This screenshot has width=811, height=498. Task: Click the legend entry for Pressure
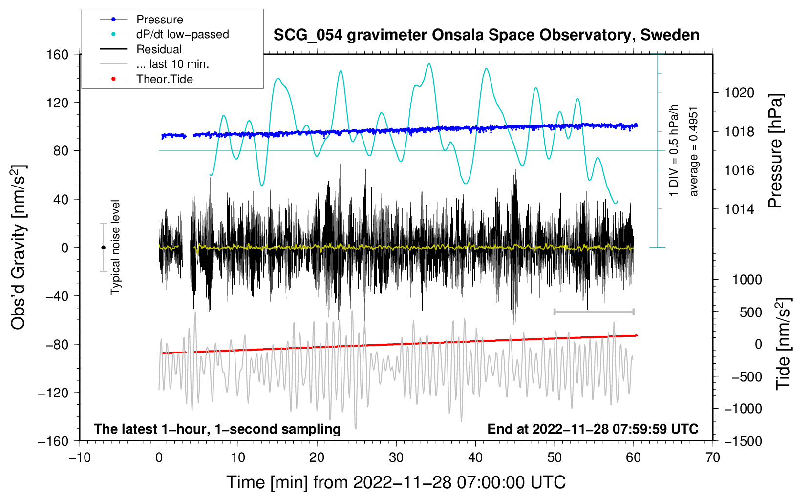tap(141, 19)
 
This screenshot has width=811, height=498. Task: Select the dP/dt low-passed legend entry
tap(164, 34)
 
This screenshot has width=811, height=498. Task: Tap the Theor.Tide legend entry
tap(146, 79)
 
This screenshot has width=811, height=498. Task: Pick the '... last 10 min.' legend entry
tap(154, 64)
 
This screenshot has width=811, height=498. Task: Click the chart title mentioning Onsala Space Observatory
tap(486, 35)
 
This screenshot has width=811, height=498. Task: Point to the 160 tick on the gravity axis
tap(58, 55)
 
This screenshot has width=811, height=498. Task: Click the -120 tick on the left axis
tap(53, 393)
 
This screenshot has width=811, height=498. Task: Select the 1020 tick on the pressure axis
tap(739, 93)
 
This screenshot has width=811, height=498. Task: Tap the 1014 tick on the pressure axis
tap(739, 209)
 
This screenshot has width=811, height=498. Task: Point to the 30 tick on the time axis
tap(396, 457)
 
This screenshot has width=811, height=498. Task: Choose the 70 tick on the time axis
tap(713, 457)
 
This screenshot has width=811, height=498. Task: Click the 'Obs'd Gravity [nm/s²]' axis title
tap(19, 247)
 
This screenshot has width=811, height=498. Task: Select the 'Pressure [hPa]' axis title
tap(775, 151)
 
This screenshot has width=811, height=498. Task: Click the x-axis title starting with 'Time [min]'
tap(396, 482)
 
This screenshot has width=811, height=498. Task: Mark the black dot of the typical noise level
tap(103, 248)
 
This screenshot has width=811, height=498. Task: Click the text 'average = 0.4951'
tap(693, 152)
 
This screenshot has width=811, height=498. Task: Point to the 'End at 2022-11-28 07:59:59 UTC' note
tap(593, 429)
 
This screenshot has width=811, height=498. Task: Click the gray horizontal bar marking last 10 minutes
tap(594, 311)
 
